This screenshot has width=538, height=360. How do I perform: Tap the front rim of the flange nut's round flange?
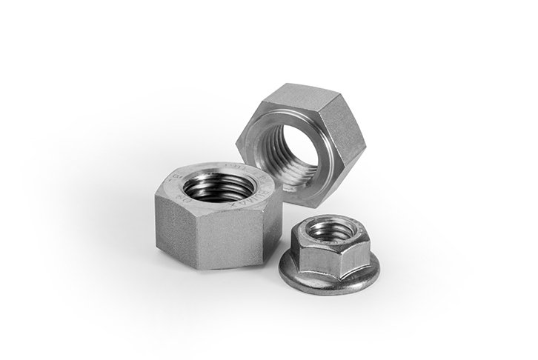(326, 287)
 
